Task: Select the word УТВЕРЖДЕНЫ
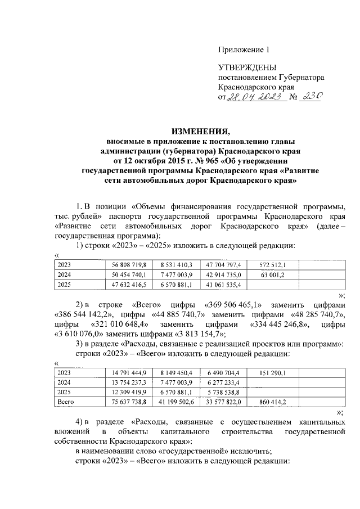pos(245,67)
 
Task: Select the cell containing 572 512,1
pos(272,264)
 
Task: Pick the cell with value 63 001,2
pos(272,274)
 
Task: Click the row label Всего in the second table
pos(66,402)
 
